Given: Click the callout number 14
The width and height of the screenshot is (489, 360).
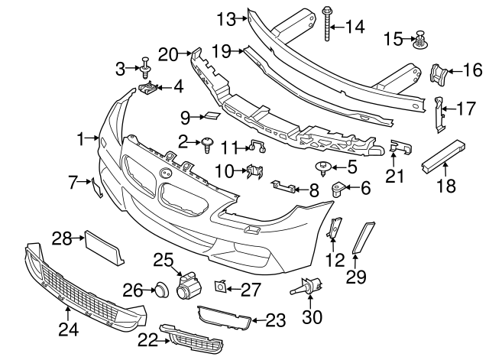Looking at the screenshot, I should pyautogui.click(x=356, y=27).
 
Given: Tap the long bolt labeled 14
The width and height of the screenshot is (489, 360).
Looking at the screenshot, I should pyautogui.click(x=328, y=23).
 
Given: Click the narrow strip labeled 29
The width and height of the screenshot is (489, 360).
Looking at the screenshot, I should pyautogui.click(x=363, y=236).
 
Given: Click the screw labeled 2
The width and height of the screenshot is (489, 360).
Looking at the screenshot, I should pyautogui.click(x=206, y=143).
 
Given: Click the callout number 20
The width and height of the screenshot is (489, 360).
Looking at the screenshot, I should pyautogui.click(x=167, y=54).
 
